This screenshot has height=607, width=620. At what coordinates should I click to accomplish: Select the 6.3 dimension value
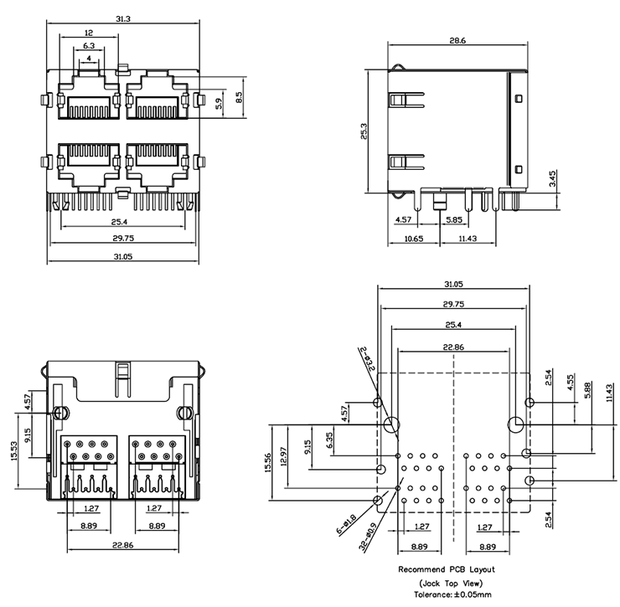88,46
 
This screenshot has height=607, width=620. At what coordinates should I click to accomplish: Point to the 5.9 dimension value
220,103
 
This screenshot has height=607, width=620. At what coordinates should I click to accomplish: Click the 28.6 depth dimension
457,39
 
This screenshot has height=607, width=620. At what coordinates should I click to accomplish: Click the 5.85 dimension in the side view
455,219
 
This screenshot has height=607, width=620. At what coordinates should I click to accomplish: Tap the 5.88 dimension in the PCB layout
592,390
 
